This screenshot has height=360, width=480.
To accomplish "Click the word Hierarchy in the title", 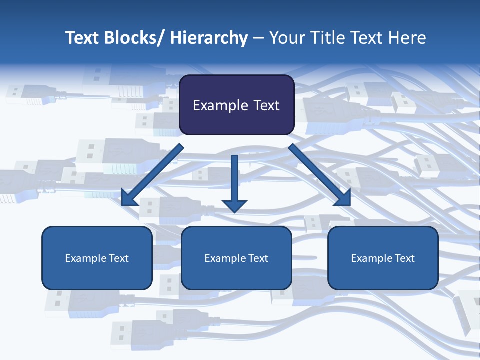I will coord(208,38).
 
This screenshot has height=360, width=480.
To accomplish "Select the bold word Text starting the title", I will coord(83,38).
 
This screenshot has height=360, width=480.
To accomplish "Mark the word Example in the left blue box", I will coord(85,258).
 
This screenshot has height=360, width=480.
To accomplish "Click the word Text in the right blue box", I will coord(404,258).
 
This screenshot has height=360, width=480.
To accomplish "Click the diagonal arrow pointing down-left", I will coord(152,175).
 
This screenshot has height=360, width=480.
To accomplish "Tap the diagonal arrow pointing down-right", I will coord(320,175).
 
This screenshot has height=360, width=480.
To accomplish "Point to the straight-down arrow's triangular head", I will coord(235,205).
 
